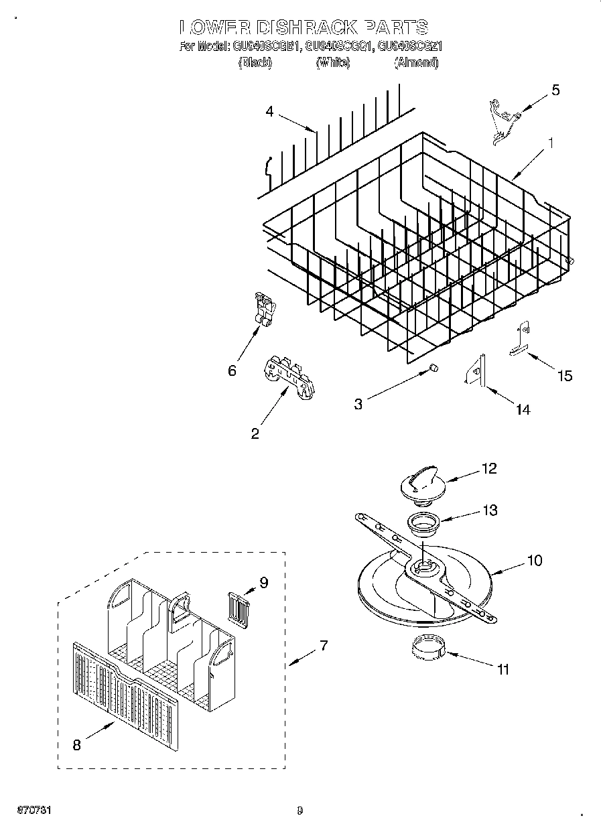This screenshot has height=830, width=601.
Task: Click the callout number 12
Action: (x=489, y=468)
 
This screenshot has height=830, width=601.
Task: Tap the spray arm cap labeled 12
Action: (x=419, y=483)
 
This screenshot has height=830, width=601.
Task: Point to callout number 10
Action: (x=534, y=560)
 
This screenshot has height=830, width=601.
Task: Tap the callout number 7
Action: (x=324, y=646)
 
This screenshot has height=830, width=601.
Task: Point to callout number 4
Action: (x=269, y=112)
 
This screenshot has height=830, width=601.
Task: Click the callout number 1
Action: (x=550, y=143)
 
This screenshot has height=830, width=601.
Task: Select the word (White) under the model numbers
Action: (x=332, y=62)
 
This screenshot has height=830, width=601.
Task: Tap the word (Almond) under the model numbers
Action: (x=416, y=62)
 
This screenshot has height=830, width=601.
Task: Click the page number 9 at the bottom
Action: (x=299, y=811)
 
